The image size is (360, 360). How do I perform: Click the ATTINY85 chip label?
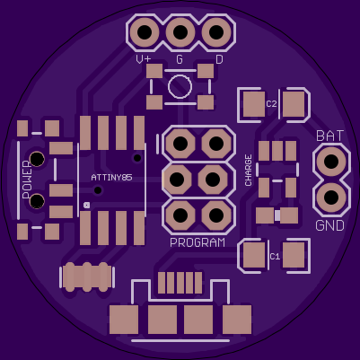[x=111, y=178]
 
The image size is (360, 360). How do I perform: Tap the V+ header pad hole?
[x=145, y=32]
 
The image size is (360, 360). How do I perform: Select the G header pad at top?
[x=180, y=32]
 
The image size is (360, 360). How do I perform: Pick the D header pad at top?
[x=216, y=32]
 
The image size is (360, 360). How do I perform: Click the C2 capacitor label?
[x=271, y=104]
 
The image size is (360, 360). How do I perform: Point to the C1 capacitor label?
[x=275, y=257]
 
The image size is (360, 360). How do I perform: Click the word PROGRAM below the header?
[x=198, y=242]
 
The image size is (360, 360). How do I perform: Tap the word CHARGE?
[x=249, y=171]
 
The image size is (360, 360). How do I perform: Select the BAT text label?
[x=330, y=136]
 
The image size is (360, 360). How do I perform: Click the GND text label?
[x=330, y=225]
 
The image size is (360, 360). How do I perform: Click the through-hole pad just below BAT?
[x=331, y=162]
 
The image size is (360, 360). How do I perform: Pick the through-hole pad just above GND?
[x=331, y=198]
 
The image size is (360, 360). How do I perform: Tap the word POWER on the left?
[x=27, y=180]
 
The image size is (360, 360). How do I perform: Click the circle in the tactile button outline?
[x=180, y=86]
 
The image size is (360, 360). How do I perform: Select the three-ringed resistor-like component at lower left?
[x=87, y=277]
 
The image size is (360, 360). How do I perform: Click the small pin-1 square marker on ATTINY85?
[x=87, y=205]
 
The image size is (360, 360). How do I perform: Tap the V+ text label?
[x=144, y=59]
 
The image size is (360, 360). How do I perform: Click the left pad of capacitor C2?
[x=254, y=104]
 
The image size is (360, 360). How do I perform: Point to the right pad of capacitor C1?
[x=294, y=255]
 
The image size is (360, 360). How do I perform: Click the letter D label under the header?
[x=219, y=59]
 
